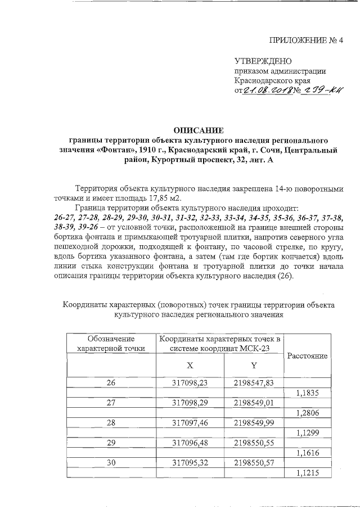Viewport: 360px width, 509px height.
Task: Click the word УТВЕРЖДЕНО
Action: pos(263,61)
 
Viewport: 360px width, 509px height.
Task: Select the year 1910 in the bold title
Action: pos(169,150)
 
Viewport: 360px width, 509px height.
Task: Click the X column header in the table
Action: pos(190,365)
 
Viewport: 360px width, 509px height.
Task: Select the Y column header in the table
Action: pos(254,365)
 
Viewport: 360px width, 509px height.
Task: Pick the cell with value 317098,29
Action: pos(190,403)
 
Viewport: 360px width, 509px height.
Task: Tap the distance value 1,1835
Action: pos(307,393)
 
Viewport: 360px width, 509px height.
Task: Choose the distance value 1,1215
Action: pos(307,474)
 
